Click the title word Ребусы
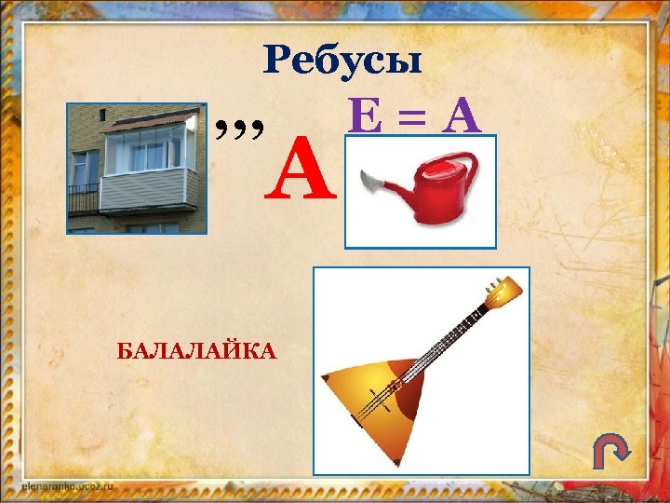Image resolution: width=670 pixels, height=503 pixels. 343,61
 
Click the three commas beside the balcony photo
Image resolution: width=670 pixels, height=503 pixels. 239,125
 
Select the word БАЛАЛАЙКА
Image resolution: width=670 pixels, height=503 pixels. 196,350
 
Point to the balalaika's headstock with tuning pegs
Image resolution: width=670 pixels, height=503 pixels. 503,292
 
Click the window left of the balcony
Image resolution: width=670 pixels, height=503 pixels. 87,167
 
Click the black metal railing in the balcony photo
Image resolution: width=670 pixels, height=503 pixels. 84,198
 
